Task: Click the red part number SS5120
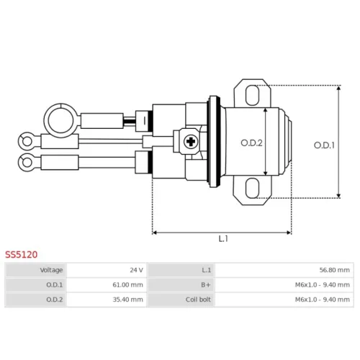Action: [x=22, y=254]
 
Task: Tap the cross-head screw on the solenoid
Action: [x=191, y=142]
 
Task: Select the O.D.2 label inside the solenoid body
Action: [x=251, y=143]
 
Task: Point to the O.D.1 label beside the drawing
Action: [x=324, y=145]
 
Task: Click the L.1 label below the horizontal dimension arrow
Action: [x=223, y=238]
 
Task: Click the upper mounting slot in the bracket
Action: [x=252, y=95]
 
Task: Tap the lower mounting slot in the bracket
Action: [x=252, y=188]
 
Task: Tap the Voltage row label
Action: [x=51, y=270]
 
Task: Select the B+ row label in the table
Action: [x=206, y=285]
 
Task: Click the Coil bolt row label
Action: [x=198, y=300]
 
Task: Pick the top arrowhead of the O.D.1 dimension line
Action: [x=338, y=88]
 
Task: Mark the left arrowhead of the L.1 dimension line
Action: [x=155, y=233]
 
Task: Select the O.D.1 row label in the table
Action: [x=55, y=285]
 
